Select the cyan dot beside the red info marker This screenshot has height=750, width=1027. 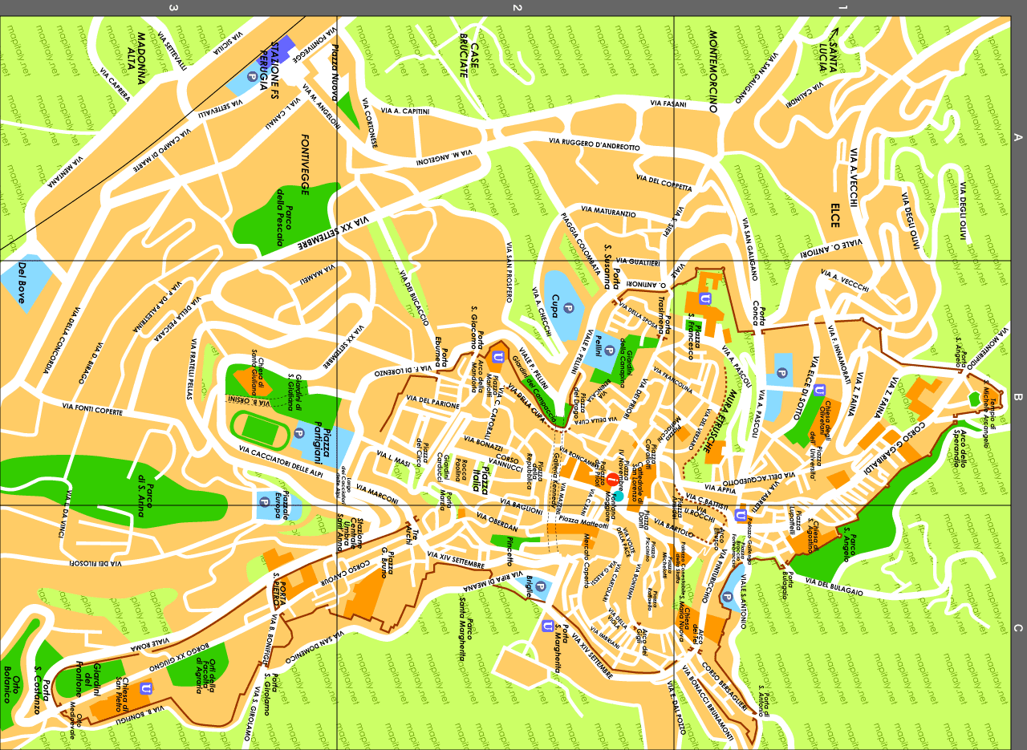[619, 496]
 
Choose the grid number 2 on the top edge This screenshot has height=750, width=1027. [518, 8]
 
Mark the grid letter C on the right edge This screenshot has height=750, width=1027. [1018, 628]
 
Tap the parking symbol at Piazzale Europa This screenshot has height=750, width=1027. [264, 502]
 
